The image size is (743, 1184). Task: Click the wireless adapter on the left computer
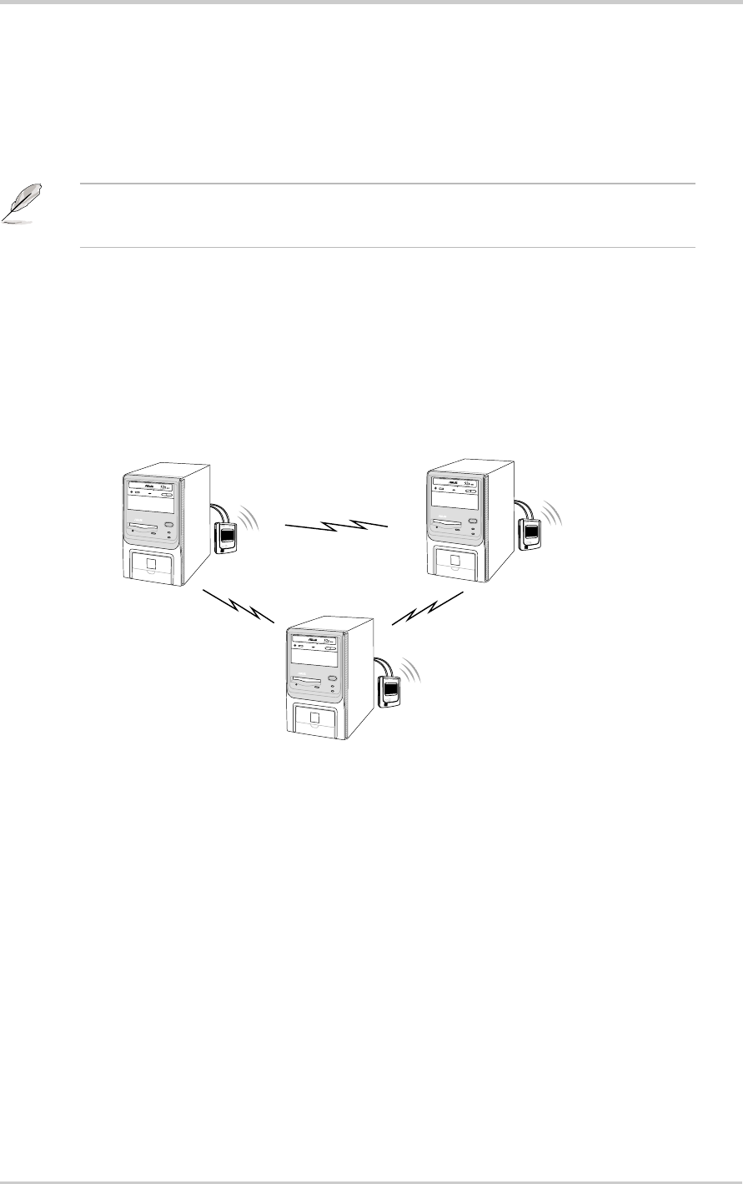(x=227, y=537)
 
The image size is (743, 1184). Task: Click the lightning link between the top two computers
(x=337, y=526)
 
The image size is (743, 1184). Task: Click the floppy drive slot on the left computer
(x=146, y=527)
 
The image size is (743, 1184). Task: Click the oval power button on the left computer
(x=170, y=524)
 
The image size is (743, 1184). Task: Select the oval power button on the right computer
(x=474, y=521)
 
